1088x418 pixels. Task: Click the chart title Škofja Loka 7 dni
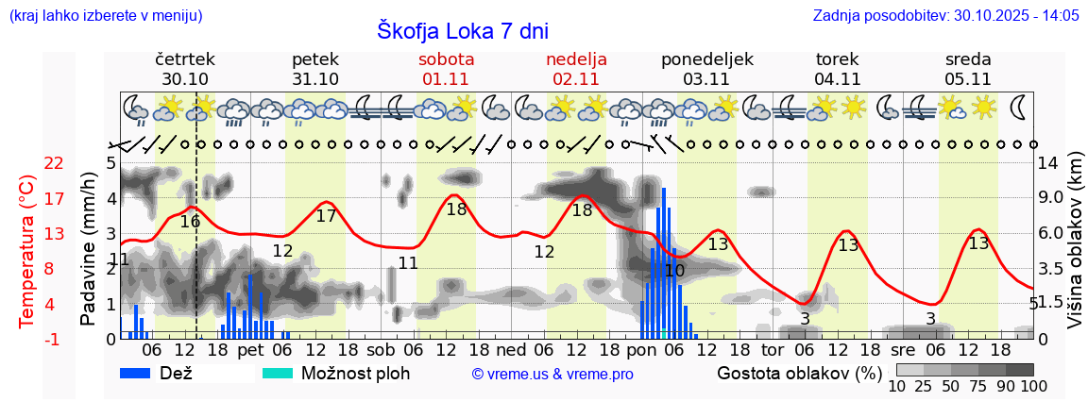pos(462,30)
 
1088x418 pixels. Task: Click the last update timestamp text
pos(945,15)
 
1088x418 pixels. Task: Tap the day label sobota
pos(447,59)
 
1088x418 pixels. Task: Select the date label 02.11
pos(576,79)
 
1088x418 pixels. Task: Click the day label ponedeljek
pos(707,59)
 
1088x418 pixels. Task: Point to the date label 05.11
pos(967,79)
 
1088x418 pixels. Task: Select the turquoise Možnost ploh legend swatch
pos(278,373)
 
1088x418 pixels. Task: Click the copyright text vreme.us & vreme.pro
pos(552,374)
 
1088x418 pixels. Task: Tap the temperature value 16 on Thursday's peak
pos(190,222)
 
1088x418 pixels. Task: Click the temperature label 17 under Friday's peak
pos(326,215)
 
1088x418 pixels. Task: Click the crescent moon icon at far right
pos(1020,107)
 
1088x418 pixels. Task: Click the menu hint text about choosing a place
pos(105,15)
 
